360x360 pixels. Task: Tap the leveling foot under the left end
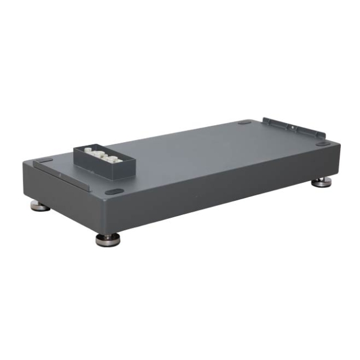(40, 207)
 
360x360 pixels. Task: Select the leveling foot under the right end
(322, 182)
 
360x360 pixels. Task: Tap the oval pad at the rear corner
(244, 121)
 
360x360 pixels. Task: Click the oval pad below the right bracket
(322, 144)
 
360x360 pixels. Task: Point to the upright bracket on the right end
(293, 128)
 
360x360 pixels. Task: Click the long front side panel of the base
(226, 186)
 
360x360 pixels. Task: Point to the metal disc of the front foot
(108, 242)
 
